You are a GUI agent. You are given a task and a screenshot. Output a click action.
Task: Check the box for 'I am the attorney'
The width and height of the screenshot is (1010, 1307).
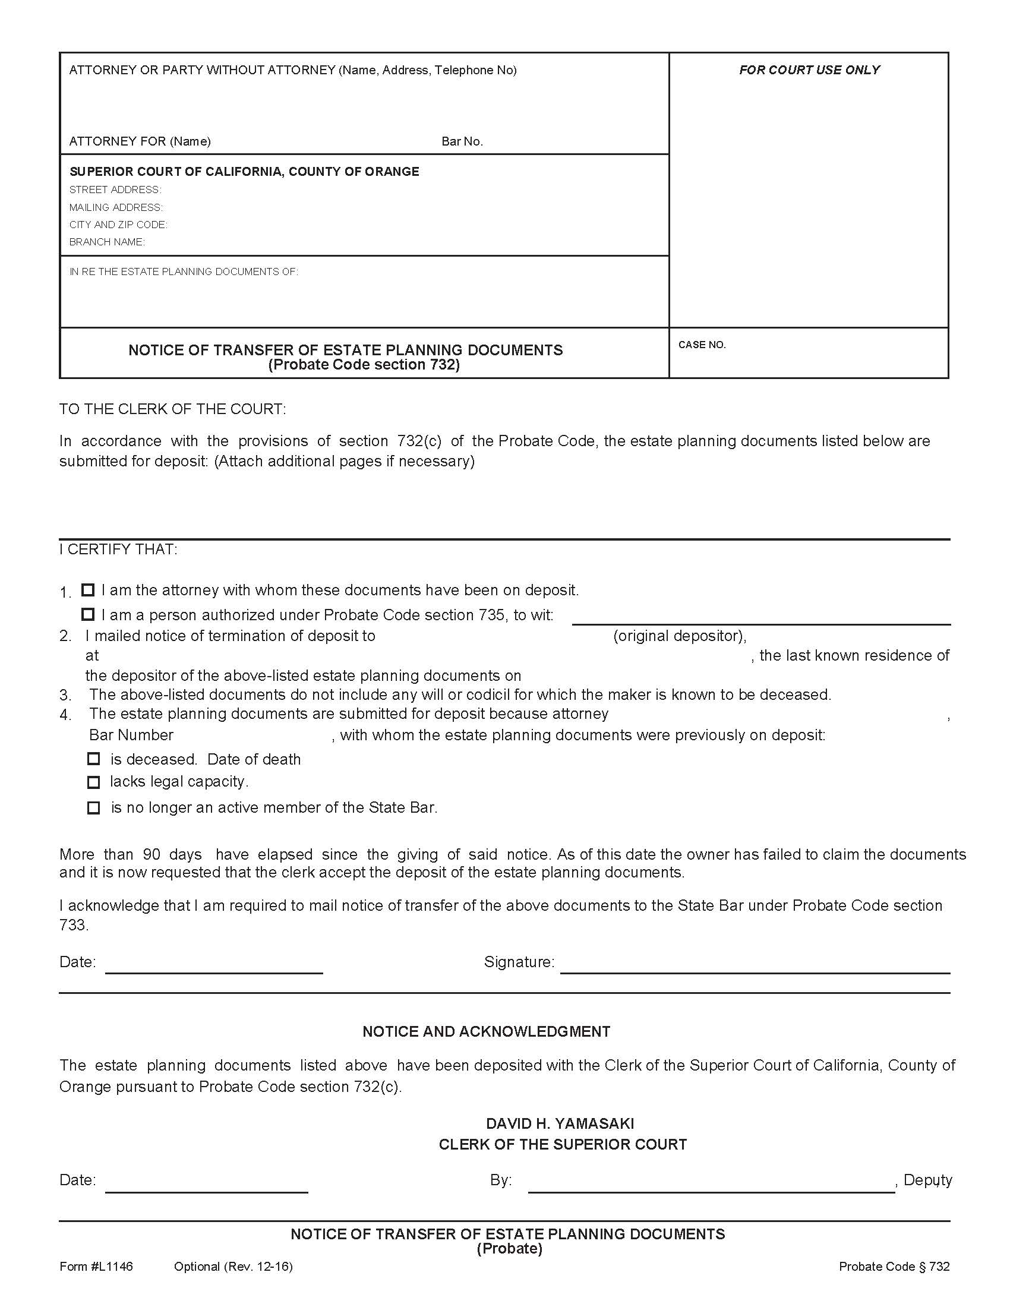pos(88,590)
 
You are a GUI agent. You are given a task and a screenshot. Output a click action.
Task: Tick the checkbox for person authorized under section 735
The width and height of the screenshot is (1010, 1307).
pos(88,614)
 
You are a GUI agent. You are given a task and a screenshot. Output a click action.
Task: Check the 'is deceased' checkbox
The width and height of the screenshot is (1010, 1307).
pos(93,759)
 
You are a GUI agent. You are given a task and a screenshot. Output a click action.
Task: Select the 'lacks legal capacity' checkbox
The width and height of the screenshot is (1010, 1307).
pos(93,782)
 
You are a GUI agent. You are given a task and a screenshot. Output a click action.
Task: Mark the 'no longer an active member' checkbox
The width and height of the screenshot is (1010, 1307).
pos(93,808)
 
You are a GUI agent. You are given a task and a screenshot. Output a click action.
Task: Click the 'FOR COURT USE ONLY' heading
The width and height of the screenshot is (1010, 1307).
pos(809,70)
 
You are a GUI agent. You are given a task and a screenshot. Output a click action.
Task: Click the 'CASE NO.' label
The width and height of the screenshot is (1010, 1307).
pos(702,345)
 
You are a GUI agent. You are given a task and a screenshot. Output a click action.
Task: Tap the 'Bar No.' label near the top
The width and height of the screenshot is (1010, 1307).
pos(462,142)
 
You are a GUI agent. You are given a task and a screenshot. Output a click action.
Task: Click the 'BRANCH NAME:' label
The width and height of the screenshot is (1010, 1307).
pos(107,242)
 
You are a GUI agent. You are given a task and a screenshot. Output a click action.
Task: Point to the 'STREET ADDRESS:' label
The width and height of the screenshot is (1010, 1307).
pos(115,190)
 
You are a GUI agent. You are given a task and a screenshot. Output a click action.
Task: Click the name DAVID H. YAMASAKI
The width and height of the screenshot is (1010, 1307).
pos(560,1123)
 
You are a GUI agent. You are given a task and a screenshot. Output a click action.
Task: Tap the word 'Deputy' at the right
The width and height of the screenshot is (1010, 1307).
pos(927,1179)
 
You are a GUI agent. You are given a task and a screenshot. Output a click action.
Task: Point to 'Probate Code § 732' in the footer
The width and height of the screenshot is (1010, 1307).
pos(894,1267)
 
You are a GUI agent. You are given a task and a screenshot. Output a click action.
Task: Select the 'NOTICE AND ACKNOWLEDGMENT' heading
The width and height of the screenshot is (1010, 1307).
pos(486,1031)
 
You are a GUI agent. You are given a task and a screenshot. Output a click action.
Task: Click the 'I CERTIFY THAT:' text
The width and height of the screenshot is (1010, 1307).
pos(118,550)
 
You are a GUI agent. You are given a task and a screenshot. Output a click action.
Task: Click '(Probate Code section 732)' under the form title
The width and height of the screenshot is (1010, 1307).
pos(364,365)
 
